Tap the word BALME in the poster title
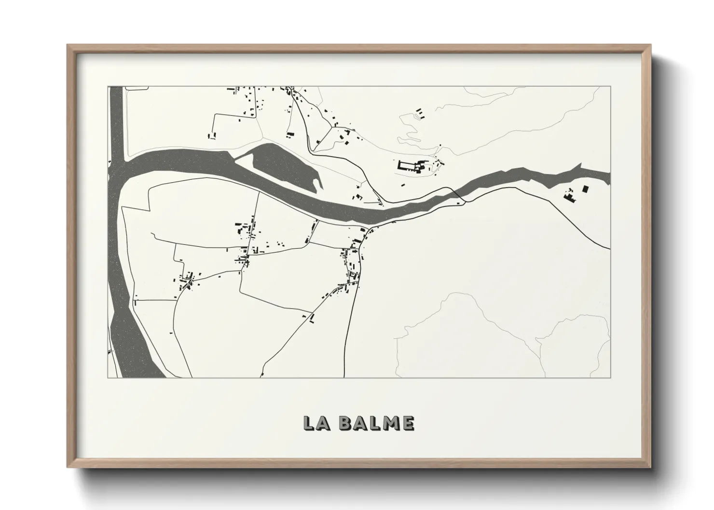pos(376,423)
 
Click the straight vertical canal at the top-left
pos(116,121)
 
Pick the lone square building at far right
pos(586,188)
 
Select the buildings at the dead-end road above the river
pos(212,135)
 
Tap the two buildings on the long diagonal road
pos(311,317)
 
